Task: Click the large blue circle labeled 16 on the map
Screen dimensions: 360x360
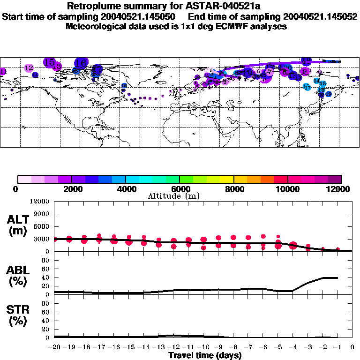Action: tap(81, 62)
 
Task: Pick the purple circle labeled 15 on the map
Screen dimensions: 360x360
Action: tap(49, 62)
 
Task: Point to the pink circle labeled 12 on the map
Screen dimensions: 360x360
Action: tap(29, 68)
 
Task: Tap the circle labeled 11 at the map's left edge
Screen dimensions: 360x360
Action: tap(2, 71)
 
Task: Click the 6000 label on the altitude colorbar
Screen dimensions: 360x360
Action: tap(179, 189)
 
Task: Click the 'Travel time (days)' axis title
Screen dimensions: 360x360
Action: tap(205, 355)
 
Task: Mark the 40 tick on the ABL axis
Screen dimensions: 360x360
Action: tap(46, 277)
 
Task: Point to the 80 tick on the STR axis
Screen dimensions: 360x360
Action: tap(46, 303)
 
